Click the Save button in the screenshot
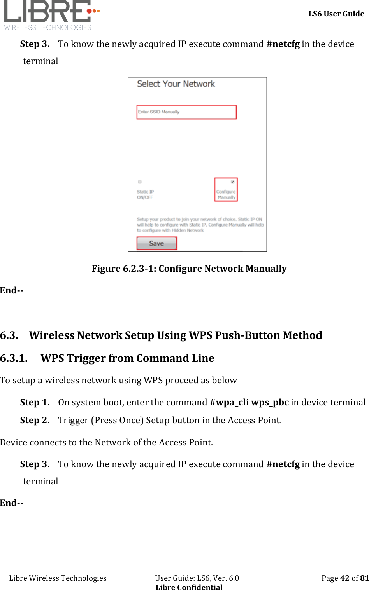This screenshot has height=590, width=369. (x=156, y=243)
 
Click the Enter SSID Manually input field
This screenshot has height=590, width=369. (x=186, y=112)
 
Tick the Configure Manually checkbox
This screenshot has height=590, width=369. (x=232, y=182)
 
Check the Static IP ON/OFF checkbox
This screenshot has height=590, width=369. (x=140, y=182)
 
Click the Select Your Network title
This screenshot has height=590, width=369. (x=176, y=84)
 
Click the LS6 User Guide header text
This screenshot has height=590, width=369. (x=336, y=14)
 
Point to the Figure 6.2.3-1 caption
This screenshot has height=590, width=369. (x=189, y=269)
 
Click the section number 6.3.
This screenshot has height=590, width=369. (x=9, y=335)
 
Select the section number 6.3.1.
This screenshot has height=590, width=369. (x=14, y=358)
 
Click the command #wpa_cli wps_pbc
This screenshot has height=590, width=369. (x=249, y=402)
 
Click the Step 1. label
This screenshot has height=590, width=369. (x=35, y=402)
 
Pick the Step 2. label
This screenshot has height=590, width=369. (x=35, y=420)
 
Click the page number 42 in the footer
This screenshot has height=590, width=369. (x=344, y=578)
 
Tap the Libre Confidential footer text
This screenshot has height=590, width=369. (x=189, y=587)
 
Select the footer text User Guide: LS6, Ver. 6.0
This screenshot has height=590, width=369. (x=197, y=578)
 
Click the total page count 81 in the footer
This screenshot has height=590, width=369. (x=364, y=578)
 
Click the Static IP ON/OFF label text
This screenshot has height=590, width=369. (x=145, y=194)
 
